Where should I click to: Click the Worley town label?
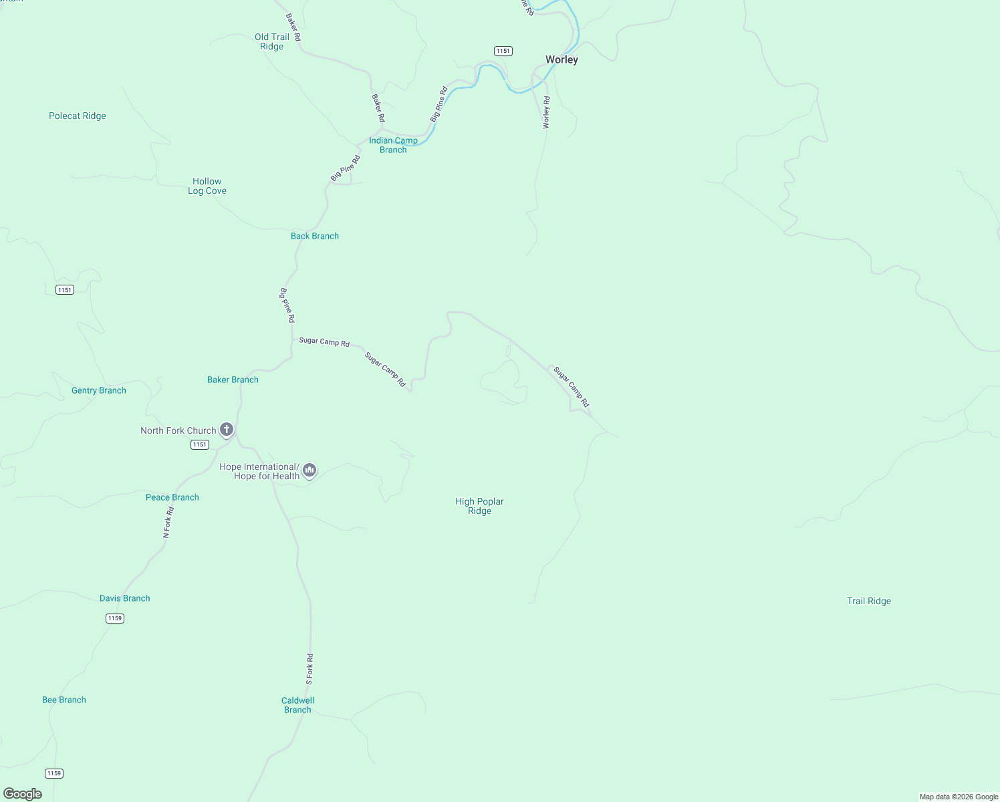pyautogui.click(x=561, y=59)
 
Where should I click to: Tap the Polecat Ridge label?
pyautogui.click(x=78, y=116)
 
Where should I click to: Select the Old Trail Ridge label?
pyautogui.click(x=272, y=41)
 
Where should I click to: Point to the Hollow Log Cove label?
pyautogui.click(x=207, y=186)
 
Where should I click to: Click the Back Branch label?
pyautogui.click(x=315, y=236)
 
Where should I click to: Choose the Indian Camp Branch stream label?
pyautogui.click(x=393, y=145)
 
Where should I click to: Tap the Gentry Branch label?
pyautogui.click(x=99, y=390)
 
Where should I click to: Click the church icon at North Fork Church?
pyautogui.click(x=227, y=430)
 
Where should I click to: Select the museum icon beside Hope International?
pyautogui.click(x=309, y=471)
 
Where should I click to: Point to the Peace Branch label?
pyautogui.click(x=172, y=497)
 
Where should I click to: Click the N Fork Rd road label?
pyautogui.click(x=168, y=523)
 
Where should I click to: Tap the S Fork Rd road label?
pyautogui.click(x=309, y=669)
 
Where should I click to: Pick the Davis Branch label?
pyautogui.click(x=125, y=598)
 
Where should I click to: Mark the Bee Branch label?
pyautogui.click(x=64, y=700)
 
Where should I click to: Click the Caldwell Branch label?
pyautogui.click(x=297, y=705)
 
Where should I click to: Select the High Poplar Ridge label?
pyautogui.click(x=479, y=506)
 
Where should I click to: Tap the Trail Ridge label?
pyautogui.click(x=869, y=601)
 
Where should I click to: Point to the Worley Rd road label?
pyautogui.click(x=546, y=112)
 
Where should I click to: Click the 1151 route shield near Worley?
pyautogui.click(x=503, y=51)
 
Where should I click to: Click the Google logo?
pyautogui.click(x=22, y=794)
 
